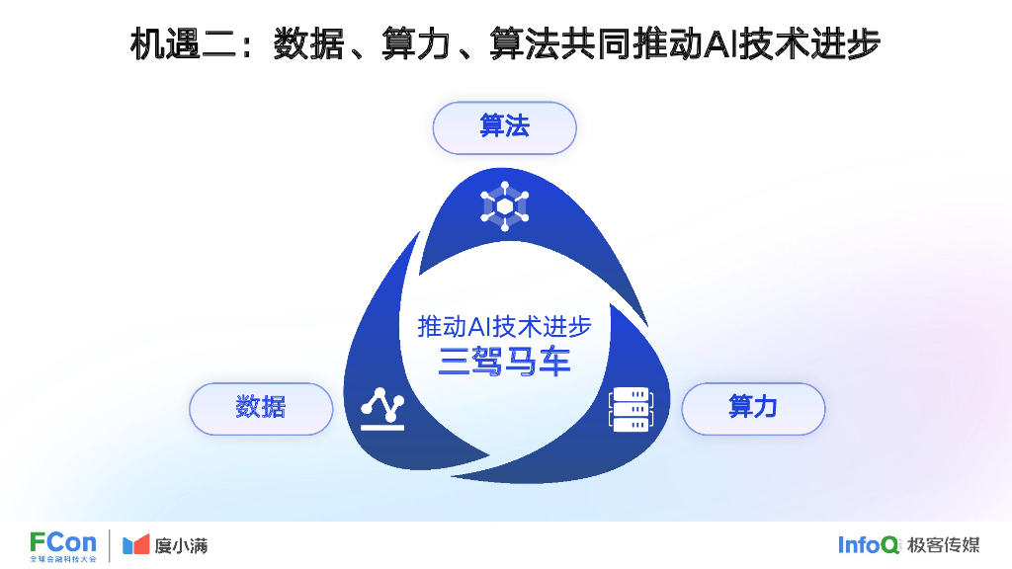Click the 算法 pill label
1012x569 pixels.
[504, 127]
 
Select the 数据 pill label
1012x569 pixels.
[261, 408]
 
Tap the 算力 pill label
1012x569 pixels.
[753, 408]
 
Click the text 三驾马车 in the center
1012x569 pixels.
[505, 362]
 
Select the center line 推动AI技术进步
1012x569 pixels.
[505, 326]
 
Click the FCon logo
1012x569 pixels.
[63, 544]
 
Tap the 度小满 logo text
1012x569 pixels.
[181, 545]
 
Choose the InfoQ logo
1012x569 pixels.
[869, 544]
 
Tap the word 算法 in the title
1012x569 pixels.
[525, 44]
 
